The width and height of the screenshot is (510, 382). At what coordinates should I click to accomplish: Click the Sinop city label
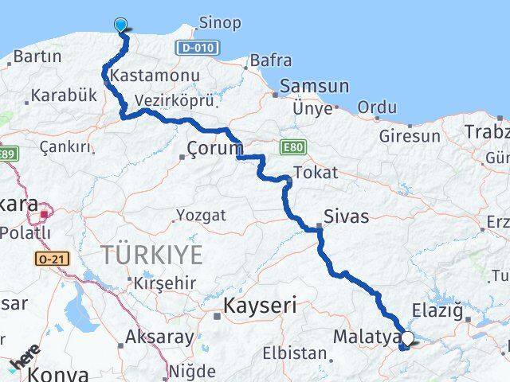click(x=219, y=23)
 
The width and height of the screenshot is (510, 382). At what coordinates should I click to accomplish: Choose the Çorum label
click(x=214, y=149)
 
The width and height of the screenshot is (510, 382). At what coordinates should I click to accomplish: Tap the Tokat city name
click(x=316, y=173)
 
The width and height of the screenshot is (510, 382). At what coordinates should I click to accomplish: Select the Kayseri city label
click(x=260, y=304)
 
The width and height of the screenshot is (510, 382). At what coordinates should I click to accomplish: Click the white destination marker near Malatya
click(x=408, y=339)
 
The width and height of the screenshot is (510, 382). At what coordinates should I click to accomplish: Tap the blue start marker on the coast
click(x=121, y=25)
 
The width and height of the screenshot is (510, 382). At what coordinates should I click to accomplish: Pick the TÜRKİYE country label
click(x=151, y=255)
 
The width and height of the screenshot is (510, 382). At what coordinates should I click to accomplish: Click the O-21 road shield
click(x=50, y=259)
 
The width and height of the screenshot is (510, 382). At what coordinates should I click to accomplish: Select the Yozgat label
click(x=201, y=215)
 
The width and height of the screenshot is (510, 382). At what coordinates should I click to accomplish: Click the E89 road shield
click(x=8, y=154)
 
